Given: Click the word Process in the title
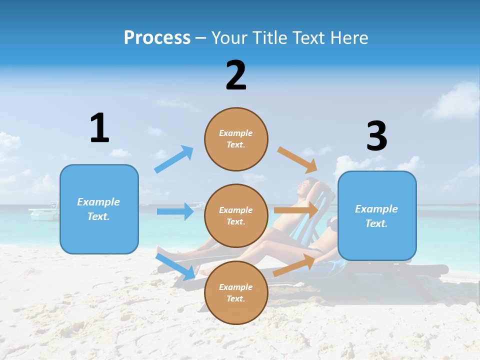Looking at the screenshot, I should (157, 38).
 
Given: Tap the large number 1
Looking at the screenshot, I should (99, 128).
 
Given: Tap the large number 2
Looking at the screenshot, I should (236, 75).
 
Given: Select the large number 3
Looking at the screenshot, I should (376, 136).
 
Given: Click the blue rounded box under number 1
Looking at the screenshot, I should (99, 209).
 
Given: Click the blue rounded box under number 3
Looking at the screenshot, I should (377, 215).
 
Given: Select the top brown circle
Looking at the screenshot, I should (236, 139).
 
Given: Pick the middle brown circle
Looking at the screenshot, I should (236, 216).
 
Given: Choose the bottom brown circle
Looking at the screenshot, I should (236, 293).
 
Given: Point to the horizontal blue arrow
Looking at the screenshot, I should (175, 211).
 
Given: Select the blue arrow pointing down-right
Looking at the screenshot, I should (175, 266).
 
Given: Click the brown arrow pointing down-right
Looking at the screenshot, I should (297, 159).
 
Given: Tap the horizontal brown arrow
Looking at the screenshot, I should (296, 210).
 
